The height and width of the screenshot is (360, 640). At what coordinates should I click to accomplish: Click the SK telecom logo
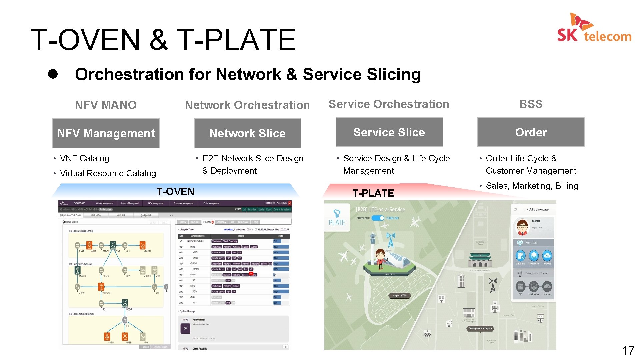pyautogui.click(x=594, y=28)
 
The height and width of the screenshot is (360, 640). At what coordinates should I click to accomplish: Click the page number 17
pyautogui.click(x=628, y=351)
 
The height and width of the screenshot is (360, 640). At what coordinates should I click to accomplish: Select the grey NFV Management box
pyautogui.click(x=106, y=133)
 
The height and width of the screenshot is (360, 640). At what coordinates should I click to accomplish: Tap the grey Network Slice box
pyautogui.click(x=247, y=133)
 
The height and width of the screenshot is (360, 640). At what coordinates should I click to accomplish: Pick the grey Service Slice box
pyautogui.click(x=389, y=132)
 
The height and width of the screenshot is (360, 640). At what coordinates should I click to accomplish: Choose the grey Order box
pyautogui.click(x=531, y=132)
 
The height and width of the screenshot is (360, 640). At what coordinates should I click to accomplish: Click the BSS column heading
pyautogui.click(x=531, y=104)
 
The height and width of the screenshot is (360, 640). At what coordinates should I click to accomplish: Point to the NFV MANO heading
pyautogui.click(x=106, y=105)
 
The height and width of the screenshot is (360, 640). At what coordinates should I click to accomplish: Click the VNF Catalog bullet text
pyautogui.click(x=85, y=158)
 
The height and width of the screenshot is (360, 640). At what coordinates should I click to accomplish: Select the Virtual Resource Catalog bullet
pyautogui.click(x=108, y=173)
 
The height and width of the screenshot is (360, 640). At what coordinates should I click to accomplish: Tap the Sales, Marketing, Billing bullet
pyautogui.click(x=532, y=186)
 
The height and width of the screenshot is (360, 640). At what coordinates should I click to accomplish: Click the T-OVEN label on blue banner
pyautogui.click(x=176, y=191)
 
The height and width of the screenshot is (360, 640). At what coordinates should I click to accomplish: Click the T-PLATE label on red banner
pyautogui.click(x=373, y=193)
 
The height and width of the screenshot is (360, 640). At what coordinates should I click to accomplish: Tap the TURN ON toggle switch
pyautogui.click(x=378, y=218)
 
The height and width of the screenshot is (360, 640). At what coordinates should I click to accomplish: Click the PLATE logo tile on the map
pyautogui.click(x=337, y=217)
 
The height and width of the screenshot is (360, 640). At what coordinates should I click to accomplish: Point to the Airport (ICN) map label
pyautogui.click(x=400, y=296)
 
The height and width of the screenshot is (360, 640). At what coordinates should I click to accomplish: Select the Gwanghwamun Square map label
pyautogui.click(x=480, y=328)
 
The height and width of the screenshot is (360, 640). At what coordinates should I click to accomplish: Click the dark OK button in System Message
pyautogui.click(x=186, y=328)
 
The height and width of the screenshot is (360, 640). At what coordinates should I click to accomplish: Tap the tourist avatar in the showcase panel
pyautogui.click(x=522, y=227)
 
